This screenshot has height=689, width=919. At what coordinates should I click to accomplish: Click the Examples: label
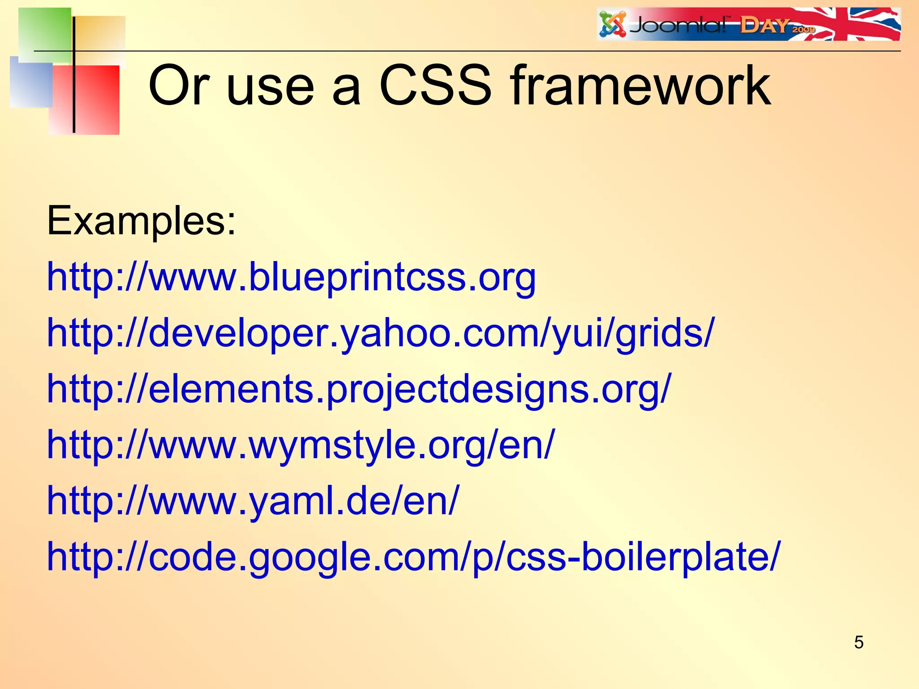coord(141,221)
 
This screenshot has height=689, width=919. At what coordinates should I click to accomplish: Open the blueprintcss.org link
coord(292,277)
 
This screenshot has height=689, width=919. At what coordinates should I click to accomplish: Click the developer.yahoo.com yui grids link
coord(381,333)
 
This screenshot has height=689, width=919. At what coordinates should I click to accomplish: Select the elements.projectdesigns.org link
coord(359,389)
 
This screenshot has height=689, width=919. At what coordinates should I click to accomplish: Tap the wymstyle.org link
coord(301,445)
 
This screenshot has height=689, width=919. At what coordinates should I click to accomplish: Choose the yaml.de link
coord(254,501)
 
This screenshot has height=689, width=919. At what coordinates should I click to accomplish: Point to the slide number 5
coord(858,642)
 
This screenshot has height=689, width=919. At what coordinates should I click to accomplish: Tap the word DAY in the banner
coord(765,26)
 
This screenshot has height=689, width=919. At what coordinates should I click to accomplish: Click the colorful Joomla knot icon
coord(613,25)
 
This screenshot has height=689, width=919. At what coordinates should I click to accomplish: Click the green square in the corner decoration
coord(45,34)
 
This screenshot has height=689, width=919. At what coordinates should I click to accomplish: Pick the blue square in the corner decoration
coord(31,83)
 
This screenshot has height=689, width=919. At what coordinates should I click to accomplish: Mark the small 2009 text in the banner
coord(803,30)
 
